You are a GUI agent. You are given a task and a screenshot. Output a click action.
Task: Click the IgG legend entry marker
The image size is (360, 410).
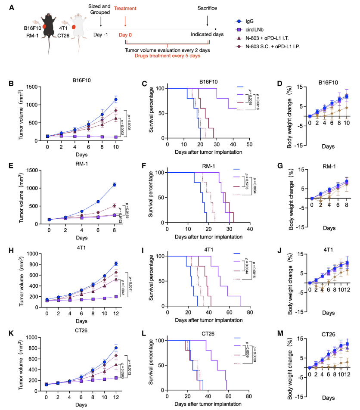(239, 20)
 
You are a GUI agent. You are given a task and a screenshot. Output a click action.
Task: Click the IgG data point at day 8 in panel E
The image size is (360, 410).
(115, 185)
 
